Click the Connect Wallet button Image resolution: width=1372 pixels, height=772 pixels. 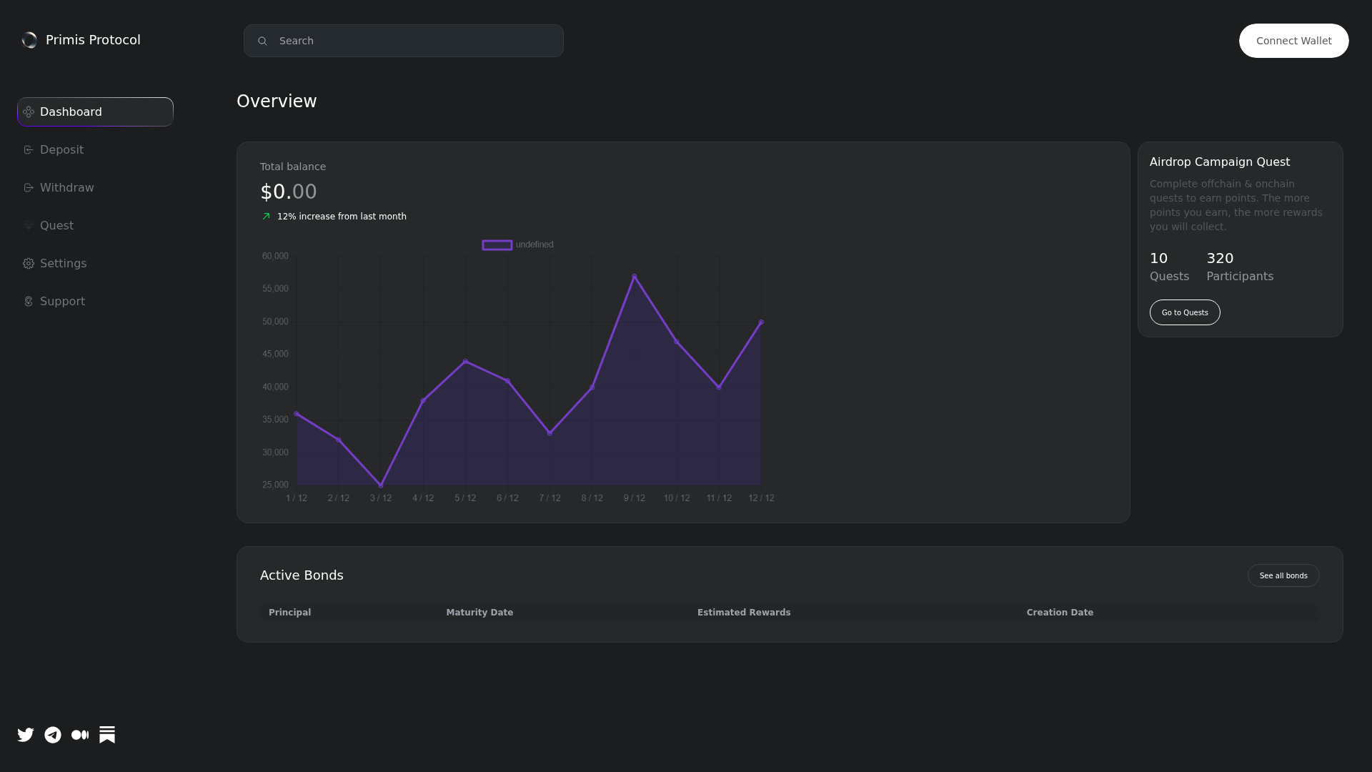click(1293, 41)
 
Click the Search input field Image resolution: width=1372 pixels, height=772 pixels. click(403, 41)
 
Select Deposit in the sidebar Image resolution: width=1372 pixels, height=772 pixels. click(61, 150)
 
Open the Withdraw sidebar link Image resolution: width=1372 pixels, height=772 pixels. click(66, 188)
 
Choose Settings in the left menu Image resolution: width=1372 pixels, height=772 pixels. click(63, 264)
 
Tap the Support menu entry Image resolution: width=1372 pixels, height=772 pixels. click(62, 302)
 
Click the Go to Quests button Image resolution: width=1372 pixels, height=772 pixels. click(1184, 312)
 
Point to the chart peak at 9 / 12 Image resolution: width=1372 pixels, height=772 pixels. click(634, 277)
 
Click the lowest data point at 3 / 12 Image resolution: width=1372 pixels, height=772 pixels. click(381, 485)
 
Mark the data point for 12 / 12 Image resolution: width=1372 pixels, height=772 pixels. click(761, 322)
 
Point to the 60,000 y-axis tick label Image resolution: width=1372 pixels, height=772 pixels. click(275, 256)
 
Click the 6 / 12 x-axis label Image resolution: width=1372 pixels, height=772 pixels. click(507, 498)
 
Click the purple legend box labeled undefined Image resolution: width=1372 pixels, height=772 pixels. click(497, 245)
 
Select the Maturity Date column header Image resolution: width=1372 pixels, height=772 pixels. click(479, 613)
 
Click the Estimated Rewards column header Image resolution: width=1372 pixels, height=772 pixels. click(744, 613)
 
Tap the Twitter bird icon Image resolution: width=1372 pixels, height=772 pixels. click(26, 735)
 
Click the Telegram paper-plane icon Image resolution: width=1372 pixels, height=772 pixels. click(53, 735)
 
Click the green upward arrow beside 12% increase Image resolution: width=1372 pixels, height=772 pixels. click(267, 217)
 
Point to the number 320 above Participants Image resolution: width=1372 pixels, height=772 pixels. click(1220, 258)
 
